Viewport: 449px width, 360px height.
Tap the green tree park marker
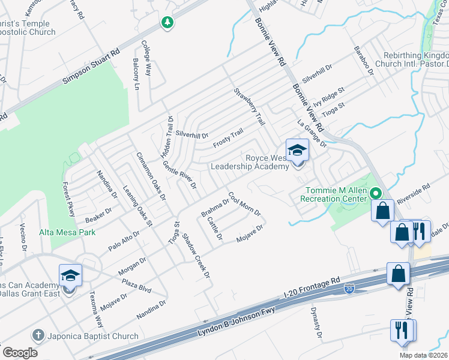pos(167,22)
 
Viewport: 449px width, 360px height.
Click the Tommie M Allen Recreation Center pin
pos(376,193)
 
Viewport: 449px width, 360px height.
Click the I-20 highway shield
pos(349,289)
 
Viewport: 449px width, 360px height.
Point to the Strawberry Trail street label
pos(249,106)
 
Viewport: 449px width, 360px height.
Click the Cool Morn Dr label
pos(244,204)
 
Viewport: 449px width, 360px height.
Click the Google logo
pos(20,352)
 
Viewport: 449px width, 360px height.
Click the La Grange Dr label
pos(312,134)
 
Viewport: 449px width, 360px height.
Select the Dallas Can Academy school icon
pos(70,276)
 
